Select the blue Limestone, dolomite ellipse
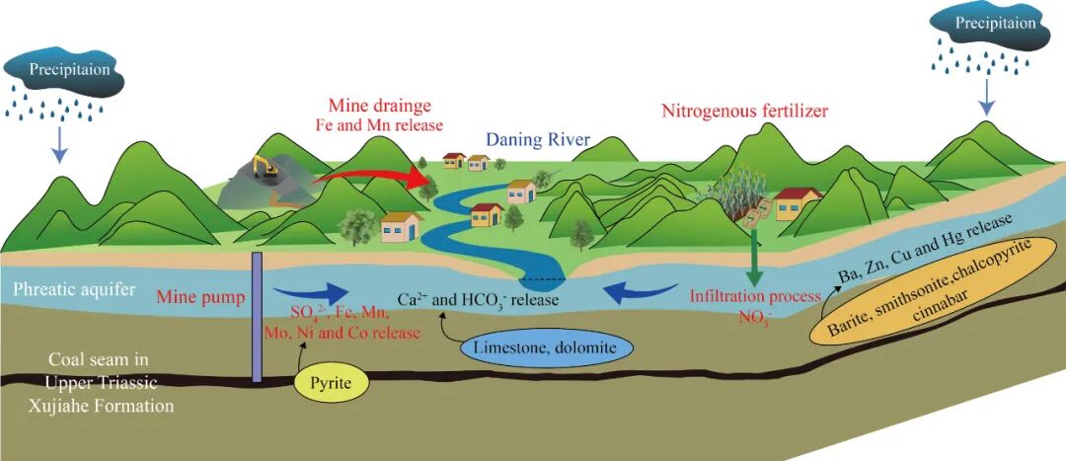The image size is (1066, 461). click(531, 348)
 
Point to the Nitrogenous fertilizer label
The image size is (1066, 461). click(744, 110)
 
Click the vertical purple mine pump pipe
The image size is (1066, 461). click(256, 316)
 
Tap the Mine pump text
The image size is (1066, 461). click(195, 294)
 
